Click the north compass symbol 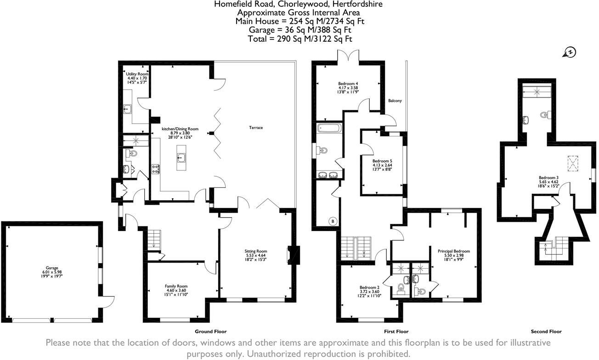pos(570,53)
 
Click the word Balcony pos(395,101)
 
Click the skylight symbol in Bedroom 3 pos(572,162)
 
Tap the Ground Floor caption pos(211,332)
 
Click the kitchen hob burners pos(155,169)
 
